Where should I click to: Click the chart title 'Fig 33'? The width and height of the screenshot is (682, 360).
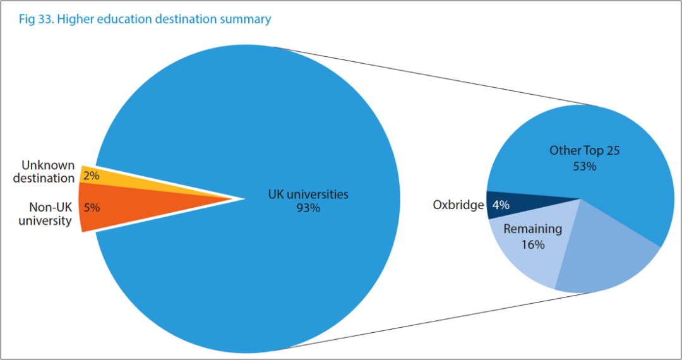[x=34, y=19]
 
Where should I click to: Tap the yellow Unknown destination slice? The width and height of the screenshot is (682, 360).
[x=126, y=179]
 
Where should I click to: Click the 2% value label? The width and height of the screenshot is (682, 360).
[x=92, y=176]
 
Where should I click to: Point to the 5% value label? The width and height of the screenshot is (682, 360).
[x=92, y=207]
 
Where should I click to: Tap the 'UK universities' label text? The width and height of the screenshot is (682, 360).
[x=308, y=194]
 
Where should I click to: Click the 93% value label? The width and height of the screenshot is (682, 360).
[x=308, y=208]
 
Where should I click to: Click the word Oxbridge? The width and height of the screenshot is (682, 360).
[x=458, y=205]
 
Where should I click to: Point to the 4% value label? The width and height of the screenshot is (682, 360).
[x=501, y=205]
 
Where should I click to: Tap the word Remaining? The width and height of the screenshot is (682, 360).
[x=532, y=229]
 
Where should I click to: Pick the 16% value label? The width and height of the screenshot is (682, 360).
[x=532, y=244]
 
